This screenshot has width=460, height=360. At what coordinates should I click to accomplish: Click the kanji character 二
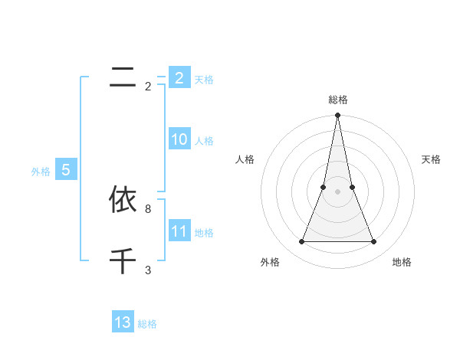123,77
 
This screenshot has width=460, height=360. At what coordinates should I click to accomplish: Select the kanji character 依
123,200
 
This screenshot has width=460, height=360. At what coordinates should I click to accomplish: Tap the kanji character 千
123,261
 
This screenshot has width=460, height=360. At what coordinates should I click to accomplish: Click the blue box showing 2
179,78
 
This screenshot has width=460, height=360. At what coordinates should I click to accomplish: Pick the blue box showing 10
179,139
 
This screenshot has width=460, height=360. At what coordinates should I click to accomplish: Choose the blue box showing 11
179,231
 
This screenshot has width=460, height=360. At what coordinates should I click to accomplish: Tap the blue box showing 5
66,170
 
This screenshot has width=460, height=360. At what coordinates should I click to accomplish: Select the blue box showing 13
123,322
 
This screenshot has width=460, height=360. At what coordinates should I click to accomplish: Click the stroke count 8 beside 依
148,208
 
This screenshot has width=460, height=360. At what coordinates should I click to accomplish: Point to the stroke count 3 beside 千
148,270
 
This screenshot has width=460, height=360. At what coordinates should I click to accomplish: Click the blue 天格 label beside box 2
204,79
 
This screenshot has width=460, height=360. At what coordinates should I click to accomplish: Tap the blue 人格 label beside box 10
204,140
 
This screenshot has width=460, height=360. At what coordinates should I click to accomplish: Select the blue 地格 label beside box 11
204,232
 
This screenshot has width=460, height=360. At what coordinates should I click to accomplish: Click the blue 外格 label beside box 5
41,172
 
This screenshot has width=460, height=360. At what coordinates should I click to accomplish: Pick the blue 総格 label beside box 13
147,323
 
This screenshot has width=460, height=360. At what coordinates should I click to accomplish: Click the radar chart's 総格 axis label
337,100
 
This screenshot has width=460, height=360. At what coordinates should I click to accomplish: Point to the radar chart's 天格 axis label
431,159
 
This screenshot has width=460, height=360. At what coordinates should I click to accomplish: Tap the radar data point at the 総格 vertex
337,116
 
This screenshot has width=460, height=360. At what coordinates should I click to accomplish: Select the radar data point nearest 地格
374,242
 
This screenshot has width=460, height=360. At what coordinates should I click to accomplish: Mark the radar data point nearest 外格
301,242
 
